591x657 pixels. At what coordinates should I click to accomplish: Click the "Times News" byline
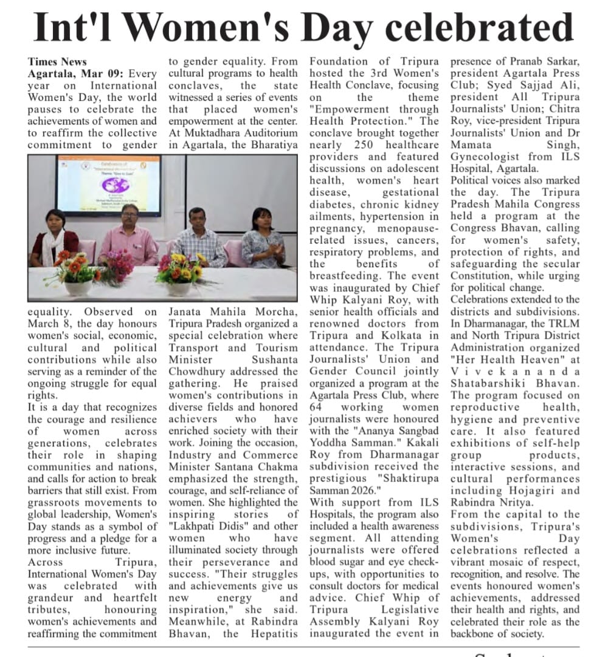click(x=57, y=61)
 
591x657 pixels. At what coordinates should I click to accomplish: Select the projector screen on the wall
click(x=109, y=185)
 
